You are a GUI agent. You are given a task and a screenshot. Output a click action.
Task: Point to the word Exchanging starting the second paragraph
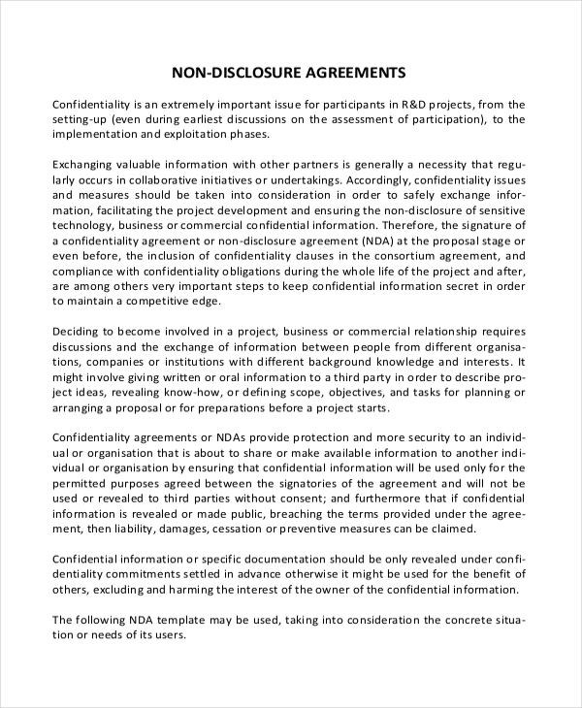(x=86, y=165)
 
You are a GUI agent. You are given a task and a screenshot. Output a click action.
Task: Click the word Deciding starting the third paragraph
(x=79, y=336)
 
